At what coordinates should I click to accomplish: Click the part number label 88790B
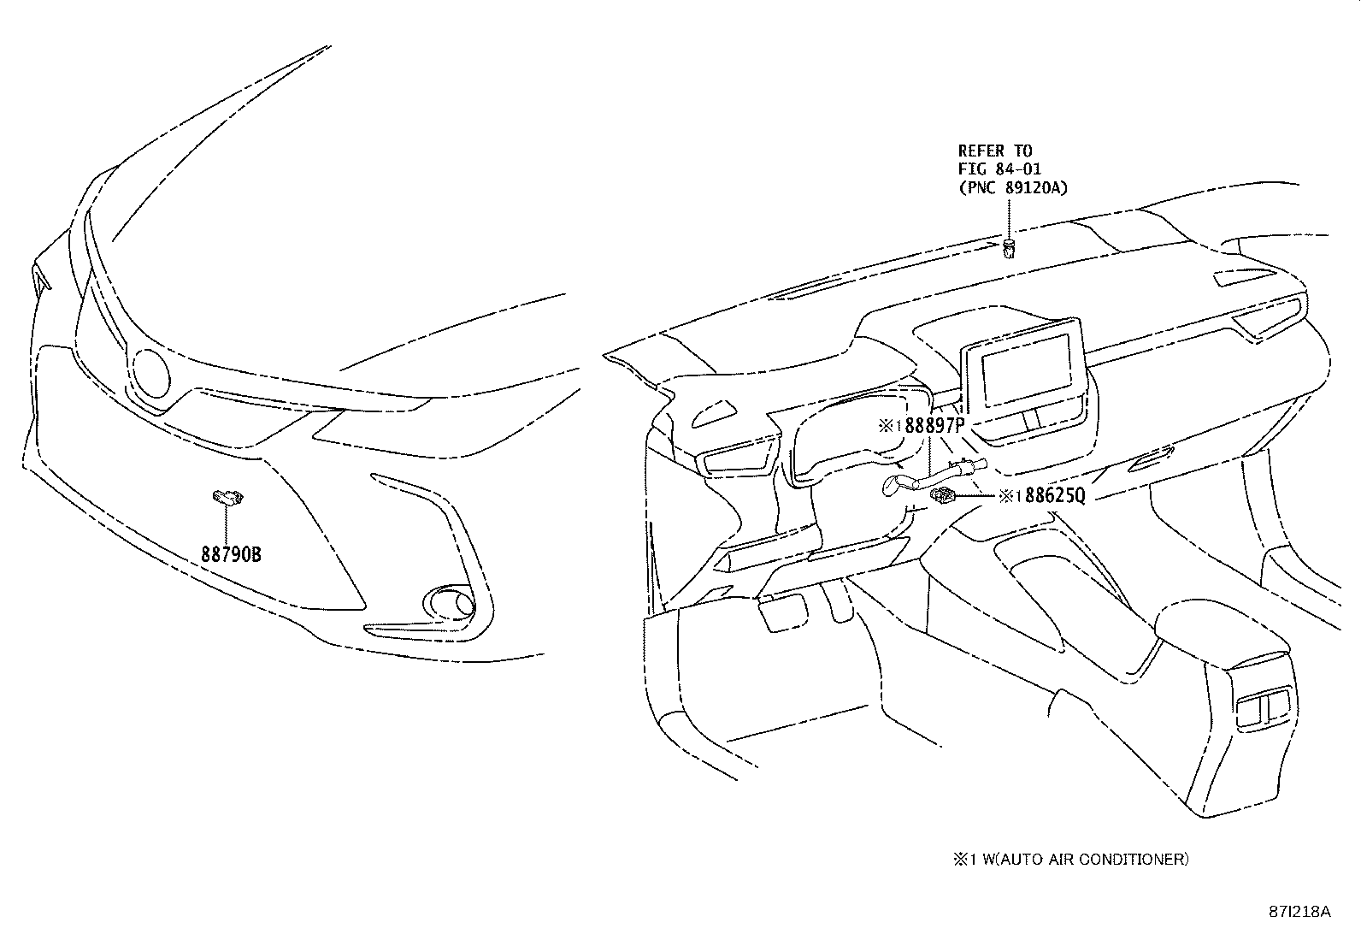pyautogui.click(x=231, y=555)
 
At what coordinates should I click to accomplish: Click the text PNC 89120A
pyautogui.click(x=1012, y=187)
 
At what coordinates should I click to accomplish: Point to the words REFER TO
pyautogui.click(x=994, y=151)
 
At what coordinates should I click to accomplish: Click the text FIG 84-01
pyautogui.click(x=999, y=169)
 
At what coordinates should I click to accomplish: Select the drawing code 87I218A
pyautogui.click(x=1299, y=912)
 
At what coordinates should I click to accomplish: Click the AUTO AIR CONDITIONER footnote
pyautogui.click(x=1070, y=859)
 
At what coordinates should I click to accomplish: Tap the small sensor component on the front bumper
pyautogui.click(x=227, y=495)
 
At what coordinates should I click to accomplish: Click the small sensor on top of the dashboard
pyautogui.click(x=1009, y=249)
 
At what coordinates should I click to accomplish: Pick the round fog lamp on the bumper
pyautogui.click(x=451, y=602)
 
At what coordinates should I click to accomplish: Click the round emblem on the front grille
pyautogui.click(x=152, y=374)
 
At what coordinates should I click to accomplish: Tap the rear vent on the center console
pyautogui.click(x=1264, y=709)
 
